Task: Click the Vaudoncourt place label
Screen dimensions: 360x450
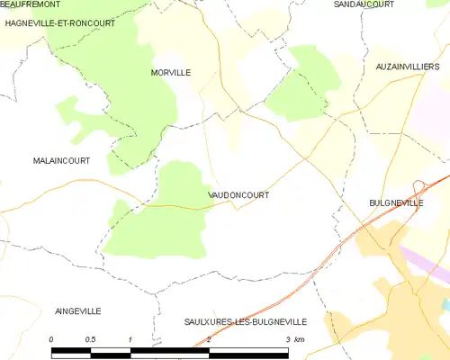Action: click(x=238, y=194)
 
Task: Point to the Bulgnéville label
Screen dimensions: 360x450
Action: click(x=396, y=204)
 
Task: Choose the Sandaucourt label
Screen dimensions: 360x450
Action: click(x=360, y=4)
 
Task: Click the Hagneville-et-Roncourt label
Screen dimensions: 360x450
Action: click(x=59, y=23)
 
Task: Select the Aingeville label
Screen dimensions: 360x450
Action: click(x=77, y=310)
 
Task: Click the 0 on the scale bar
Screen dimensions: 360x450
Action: click(x=52, y=338)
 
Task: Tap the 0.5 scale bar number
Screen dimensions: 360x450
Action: click(x=91, y=338)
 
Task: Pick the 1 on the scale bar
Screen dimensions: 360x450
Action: click(x=131, y=338)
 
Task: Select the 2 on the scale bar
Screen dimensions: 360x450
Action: click(x=210, y=338)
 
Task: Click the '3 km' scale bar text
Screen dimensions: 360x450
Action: click(x=295, y=338)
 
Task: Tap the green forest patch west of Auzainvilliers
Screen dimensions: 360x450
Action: click(x=301, y=85)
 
